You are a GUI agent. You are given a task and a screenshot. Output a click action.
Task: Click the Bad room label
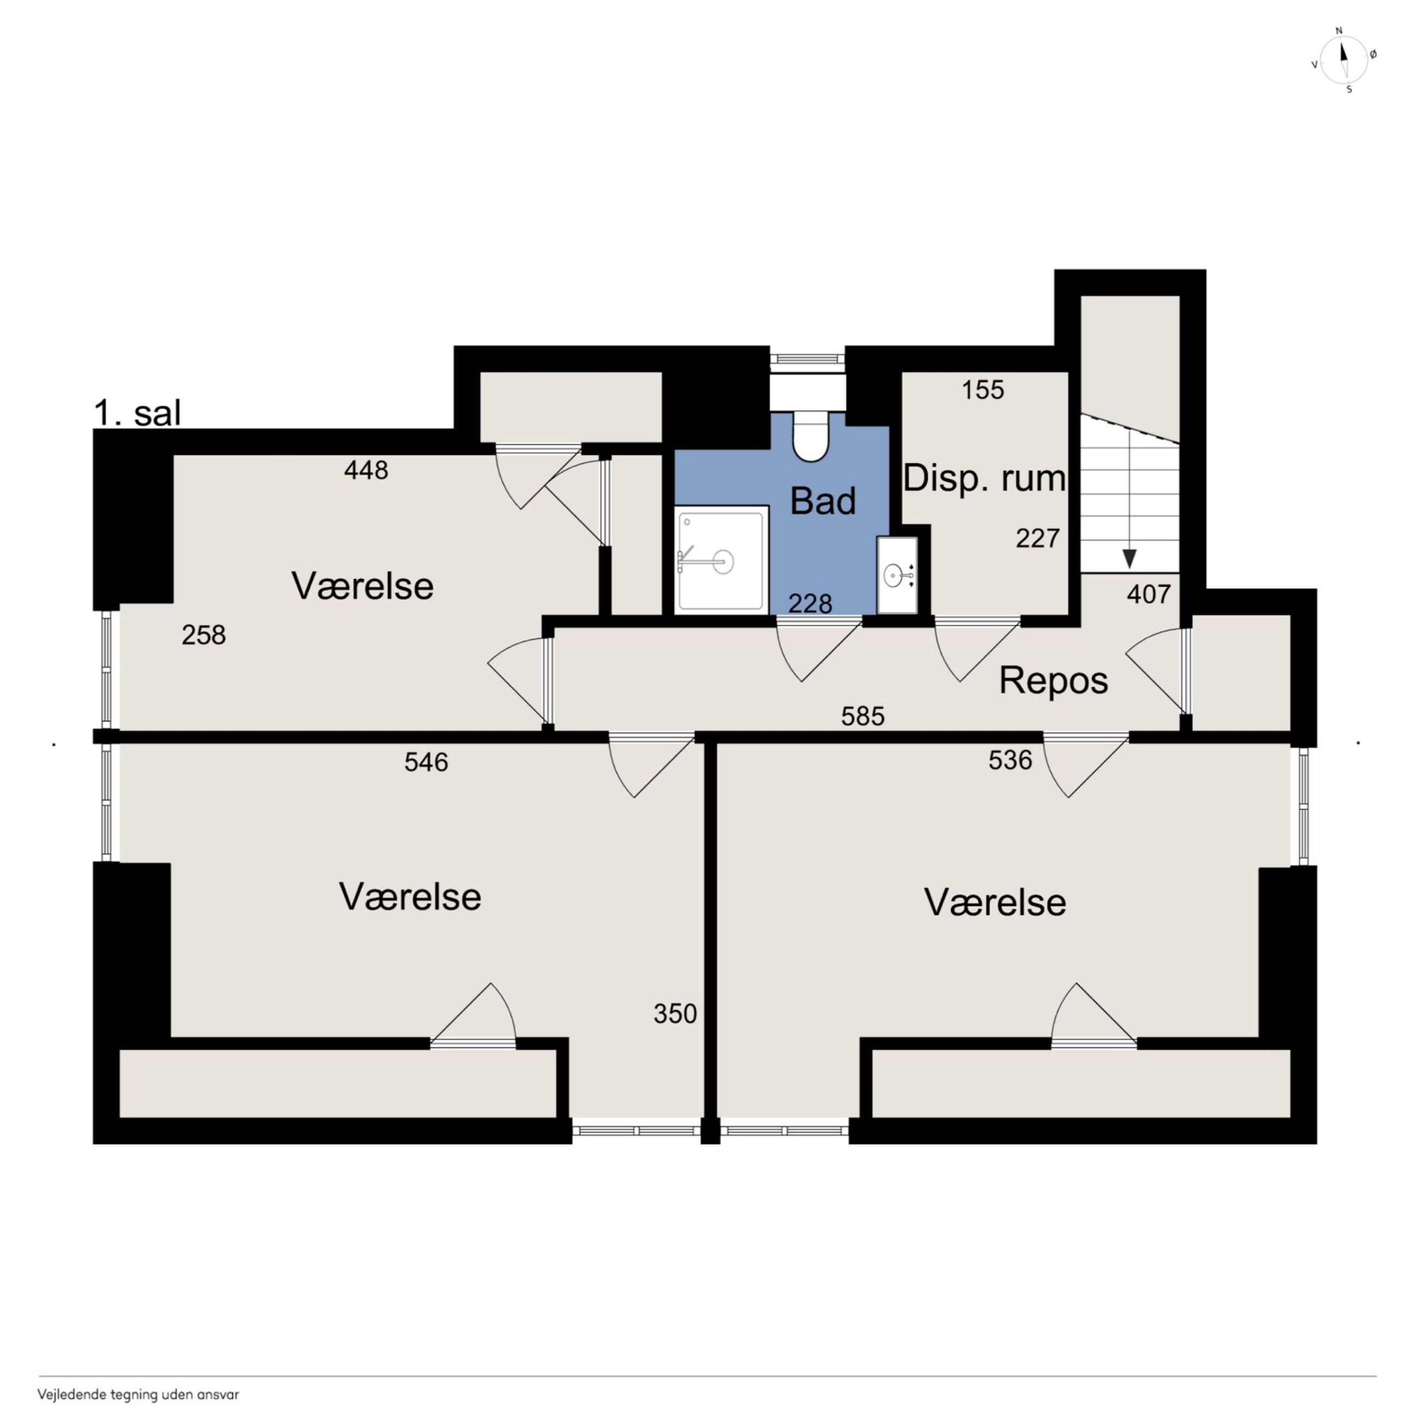point(823,501)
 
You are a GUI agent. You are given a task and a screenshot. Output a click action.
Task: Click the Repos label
point(1053,681)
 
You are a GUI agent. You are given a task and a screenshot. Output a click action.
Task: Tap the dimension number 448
point(365,470)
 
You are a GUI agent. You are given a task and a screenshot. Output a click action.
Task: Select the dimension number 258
point(203,635)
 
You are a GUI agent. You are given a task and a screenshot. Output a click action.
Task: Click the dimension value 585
point(862,716)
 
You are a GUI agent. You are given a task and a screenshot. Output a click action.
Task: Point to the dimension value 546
point(426,762)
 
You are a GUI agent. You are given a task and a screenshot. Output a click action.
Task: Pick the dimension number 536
point(1010,760)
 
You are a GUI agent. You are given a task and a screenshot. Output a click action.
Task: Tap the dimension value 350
point(675,1013)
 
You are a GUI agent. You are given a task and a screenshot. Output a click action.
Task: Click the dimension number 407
point(1149,594)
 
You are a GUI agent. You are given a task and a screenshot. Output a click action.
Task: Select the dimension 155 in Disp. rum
point(983,390)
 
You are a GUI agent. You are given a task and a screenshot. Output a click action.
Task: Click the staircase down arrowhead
point(1129,559)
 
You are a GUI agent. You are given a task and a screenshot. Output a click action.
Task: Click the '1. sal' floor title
point(137,413)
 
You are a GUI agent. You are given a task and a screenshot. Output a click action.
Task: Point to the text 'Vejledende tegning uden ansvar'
point(139,1395)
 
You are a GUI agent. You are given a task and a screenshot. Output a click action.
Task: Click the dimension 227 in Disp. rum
point(1037,539)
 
